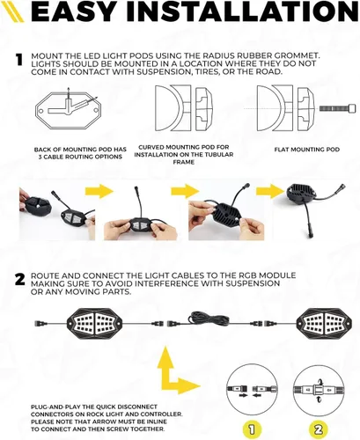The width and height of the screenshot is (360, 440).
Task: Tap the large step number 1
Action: pyautogui.click(x=19, y=60)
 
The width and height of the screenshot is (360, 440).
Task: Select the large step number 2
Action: pyautogui.click(x=20, y=280)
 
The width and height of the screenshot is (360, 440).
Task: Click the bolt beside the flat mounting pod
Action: pyautogui.click(x=337, y=108)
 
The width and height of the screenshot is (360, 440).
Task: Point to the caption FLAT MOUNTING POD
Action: pyautogui.click(x=307, y=150)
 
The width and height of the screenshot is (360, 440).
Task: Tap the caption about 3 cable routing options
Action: pyautogui.click(x=80, y=153)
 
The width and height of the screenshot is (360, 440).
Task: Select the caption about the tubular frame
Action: pyautogui.click(x=184, y=154)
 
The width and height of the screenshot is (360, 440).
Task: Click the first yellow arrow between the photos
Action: pyautogui.click(x=99, y=191)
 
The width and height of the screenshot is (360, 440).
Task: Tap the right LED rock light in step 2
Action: pyautogui.click(x=320, y=324)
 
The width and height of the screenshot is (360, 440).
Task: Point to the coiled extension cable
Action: pyautogui.click(x=209, y=319)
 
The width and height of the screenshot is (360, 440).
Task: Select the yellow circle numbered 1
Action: pyautogui.click(x=252, y=429)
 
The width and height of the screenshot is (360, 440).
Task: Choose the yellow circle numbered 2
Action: pyautogui.click(x=319, y=429)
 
